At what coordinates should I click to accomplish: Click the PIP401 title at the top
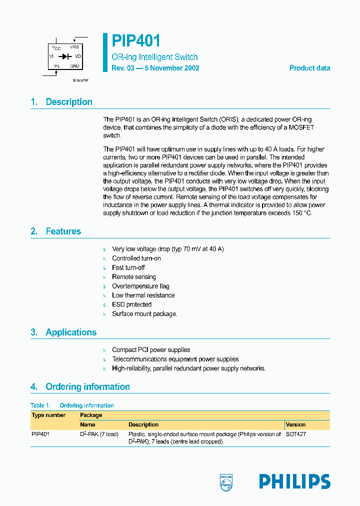[136, 41]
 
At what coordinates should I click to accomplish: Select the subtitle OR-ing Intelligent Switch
[154, 57]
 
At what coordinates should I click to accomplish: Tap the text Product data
[309, 68]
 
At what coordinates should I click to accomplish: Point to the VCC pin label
[55, 47]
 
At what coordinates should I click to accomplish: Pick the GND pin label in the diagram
[74, 65]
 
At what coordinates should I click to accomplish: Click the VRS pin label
[74, 47]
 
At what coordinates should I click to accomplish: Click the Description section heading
[68, 102]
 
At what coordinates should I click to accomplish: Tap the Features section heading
[63, 231]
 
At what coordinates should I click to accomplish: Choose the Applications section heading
[70, 332]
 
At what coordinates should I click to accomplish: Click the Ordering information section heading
[87, 387]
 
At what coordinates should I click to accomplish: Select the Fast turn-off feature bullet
[128, 267]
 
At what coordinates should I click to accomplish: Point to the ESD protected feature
[131, 304]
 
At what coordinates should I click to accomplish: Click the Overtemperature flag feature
[140, 286]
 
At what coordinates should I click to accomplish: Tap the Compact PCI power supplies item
[151, 350]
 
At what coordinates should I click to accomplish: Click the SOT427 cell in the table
[296, 434]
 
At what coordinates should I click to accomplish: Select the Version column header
[295, 424]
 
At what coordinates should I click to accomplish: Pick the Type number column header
[48, 415]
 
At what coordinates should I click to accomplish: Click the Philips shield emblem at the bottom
[226, 482]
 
